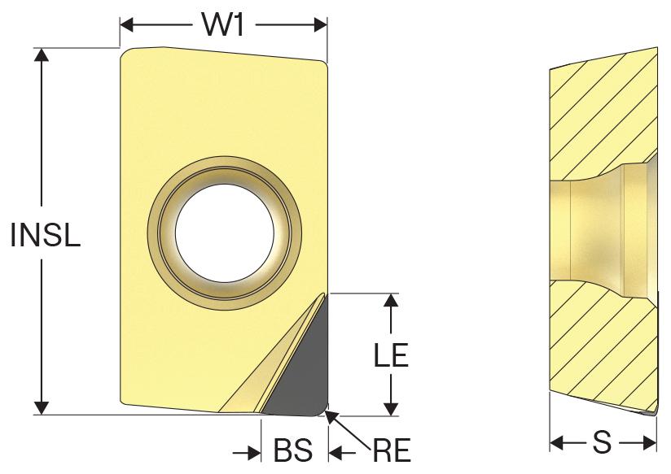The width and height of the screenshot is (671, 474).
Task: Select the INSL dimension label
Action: (46, 235)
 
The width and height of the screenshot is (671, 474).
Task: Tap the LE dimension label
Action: (391, 354)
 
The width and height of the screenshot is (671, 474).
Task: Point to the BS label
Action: (293, 450)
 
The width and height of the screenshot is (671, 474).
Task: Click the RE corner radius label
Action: (392, 450)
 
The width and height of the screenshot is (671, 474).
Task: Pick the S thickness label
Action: (602, 442)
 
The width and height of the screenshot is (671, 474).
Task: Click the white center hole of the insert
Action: (225, 233)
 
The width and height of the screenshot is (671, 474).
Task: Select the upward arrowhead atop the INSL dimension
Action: (42, 54)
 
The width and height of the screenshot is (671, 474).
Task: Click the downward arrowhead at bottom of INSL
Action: (42, 408)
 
